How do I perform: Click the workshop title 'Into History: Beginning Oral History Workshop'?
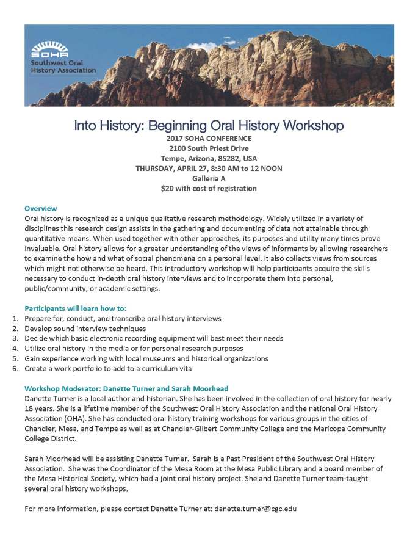point(209,126)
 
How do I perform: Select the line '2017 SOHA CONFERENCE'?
point(209,139)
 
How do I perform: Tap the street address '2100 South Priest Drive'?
point(209,149)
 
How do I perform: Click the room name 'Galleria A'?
point(209,178)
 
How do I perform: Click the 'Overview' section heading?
point(41,208)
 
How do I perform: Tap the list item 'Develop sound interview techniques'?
point(85,329)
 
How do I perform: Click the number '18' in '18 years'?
point(29,408)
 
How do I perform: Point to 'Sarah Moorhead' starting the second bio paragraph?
point(50,458)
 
